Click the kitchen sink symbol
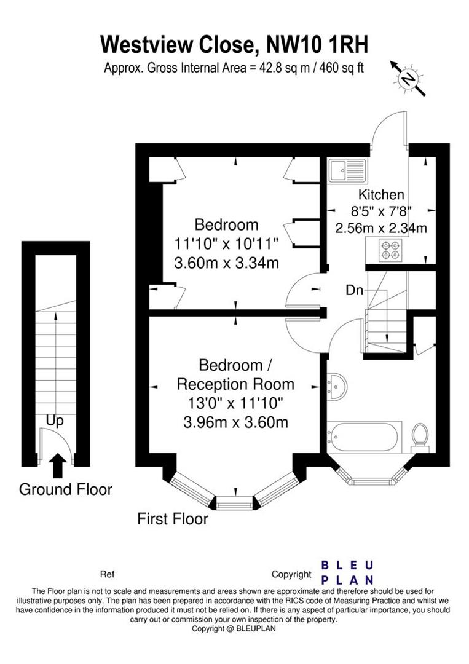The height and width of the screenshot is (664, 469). point(347,170)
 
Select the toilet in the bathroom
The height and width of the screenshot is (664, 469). point(420,436)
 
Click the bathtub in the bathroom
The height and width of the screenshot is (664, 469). point(364,437)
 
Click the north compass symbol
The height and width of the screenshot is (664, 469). point(407,78)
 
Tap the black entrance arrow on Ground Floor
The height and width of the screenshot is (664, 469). point(57,465)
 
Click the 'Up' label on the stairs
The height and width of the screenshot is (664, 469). point(55,421)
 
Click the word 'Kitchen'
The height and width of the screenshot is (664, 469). point(382,195)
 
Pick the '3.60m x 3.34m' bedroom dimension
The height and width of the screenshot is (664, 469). point(227,264)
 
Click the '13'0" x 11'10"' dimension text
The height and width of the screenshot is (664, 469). point(235,404)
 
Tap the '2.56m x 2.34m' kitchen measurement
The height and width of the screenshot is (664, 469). point(381,228)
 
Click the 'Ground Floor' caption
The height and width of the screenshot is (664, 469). point(66,490)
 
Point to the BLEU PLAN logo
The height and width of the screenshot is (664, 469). point(348,572)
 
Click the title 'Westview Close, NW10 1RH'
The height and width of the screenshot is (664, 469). point(234,45)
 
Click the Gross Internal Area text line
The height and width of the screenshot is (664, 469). point(234,68)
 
